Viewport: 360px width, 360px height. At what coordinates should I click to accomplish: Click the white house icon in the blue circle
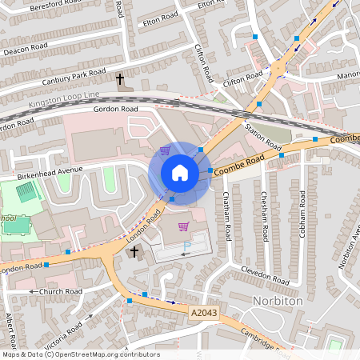tap(180, 172)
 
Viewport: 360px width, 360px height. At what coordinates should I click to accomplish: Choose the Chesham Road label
tap(264, 217)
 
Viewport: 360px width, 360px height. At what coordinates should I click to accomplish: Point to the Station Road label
tap(263, 134)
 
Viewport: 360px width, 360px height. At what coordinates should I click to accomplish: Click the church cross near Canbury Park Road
tap(120, 79)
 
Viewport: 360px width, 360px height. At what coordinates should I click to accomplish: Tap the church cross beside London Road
tap(134, 253)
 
